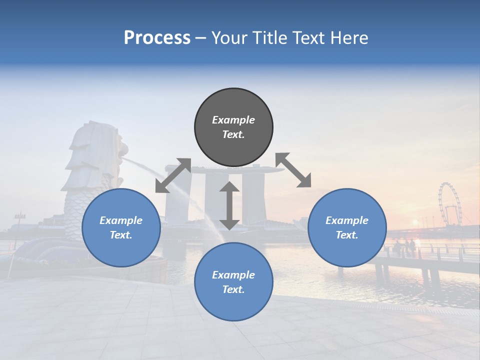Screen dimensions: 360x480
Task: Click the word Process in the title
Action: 157,38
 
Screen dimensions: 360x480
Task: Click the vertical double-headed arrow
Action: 229,205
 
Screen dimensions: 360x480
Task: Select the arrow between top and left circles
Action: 173,175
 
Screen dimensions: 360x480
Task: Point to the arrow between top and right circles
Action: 293,170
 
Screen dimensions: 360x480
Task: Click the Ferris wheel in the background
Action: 449,204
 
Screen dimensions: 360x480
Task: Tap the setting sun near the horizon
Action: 414,223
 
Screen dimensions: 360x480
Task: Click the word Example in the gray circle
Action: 233,120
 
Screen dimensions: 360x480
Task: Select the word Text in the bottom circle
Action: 232,289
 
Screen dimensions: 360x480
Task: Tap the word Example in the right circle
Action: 347,220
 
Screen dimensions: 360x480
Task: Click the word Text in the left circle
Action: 120,235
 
